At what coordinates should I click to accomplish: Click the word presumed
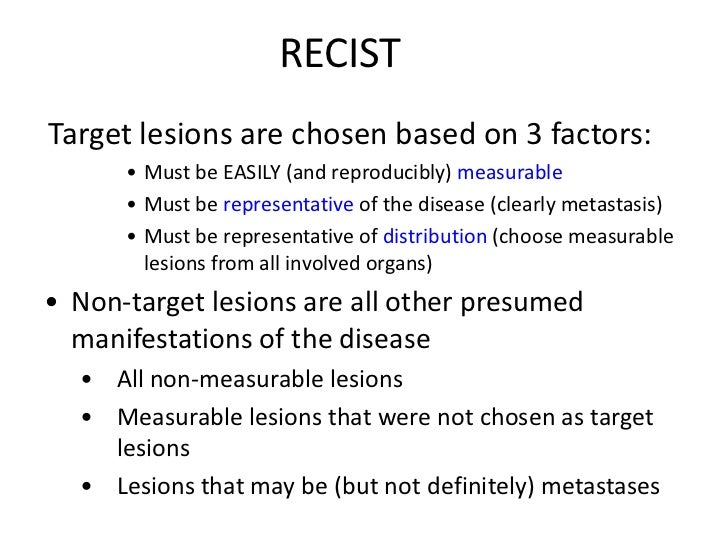tap(532, 303)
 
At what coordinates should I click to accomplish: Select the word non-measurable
tap(245, 380)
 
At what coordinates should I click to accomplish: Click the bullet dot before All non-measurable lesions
tap(92, 381)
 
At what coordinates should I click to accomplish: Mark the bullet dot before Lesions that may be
tap(92, 486)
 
